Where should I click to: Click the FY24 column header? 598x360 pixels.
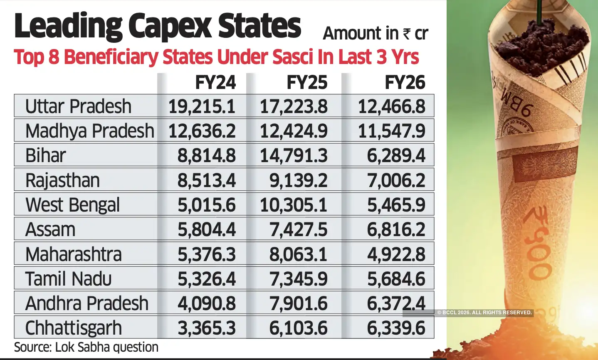pos(215,83)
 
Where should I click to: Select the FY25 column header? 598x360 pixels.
pos(307,83)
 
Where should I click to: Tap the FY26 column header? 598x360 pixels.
pos(405,83)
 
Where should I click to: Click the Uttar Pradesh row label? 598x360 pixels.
pos(78,106)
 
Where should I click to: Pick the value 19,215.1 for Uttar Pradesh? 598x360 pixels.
pos(202,106)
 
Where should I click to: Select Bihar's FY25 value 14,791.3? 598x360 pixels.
pos(294,156)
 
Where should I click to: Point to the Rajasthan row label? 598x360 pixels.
pos(62,180)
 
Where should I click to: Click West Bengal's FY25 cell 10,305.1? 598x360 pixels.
pos(294,205)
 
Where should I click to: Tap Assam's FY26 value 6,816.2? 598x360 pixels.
pos(396,229)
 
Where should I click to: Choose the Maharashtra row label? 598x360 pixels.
pos(73,254)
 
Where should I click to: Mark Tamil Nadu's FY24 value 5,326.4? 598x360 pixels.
pos(206,279)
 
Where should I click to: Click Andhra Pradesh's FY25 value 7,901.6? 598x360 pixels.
pos(298,303)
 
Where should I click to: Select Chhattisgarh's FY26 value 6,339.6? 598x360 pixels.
pos(396,328)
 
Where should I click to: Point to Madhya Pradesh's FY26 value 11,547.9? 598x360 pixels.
pos(391,131)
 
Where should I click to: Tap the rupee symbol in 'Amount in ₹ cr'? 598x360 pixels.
pos(406,34)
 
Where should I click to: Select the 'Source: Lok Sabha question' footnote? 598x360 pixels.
pos(86,347)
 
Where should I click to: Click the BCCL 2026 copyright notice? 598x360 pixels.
pos(484,313)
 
